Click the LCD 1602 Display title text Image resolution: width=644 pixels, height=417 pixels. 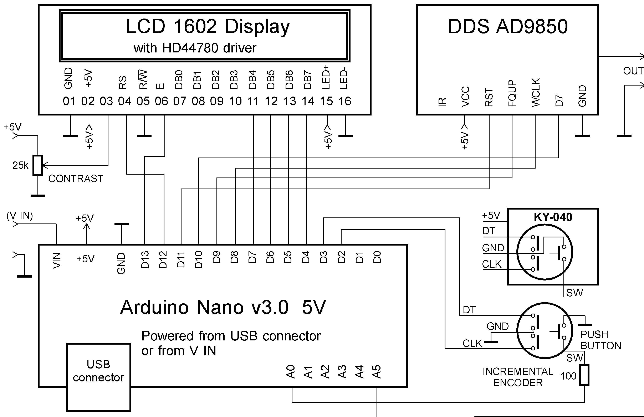[208, 27]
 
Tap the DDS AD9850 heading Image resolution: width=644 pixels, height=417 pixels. [508, 27]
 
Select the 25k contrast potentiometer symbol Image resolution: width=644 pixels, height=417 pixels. [38, 165]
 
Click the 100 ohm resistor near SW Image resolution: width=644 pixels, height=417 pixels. [584, 375]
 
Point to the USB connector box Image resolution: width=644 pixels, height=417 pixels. [98, 377]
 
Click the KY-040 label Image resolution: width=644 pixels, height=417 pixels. [553, 217]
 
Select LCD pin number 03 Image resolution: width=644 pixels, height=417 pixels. [106, 101]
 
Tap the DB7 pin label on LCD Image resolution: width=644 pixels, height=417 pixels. [308, 80]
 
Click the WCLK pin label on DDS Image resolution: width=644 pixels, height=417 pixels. [536, 92]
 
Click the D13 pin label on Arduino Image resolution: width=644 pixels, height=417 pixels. [145, 260]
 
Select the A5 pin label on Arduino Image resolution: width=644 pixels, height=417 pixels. [377, 372]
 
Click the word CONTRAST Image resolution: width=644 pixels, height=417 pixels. [76, 179]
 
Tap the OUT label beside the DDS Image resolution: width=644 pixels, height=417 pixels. [633, 71]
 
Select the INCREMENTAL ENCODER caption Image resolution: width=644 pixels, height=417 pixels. [518, 377]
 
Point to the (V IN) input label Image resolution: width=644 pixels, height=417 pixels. [20, 216]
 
